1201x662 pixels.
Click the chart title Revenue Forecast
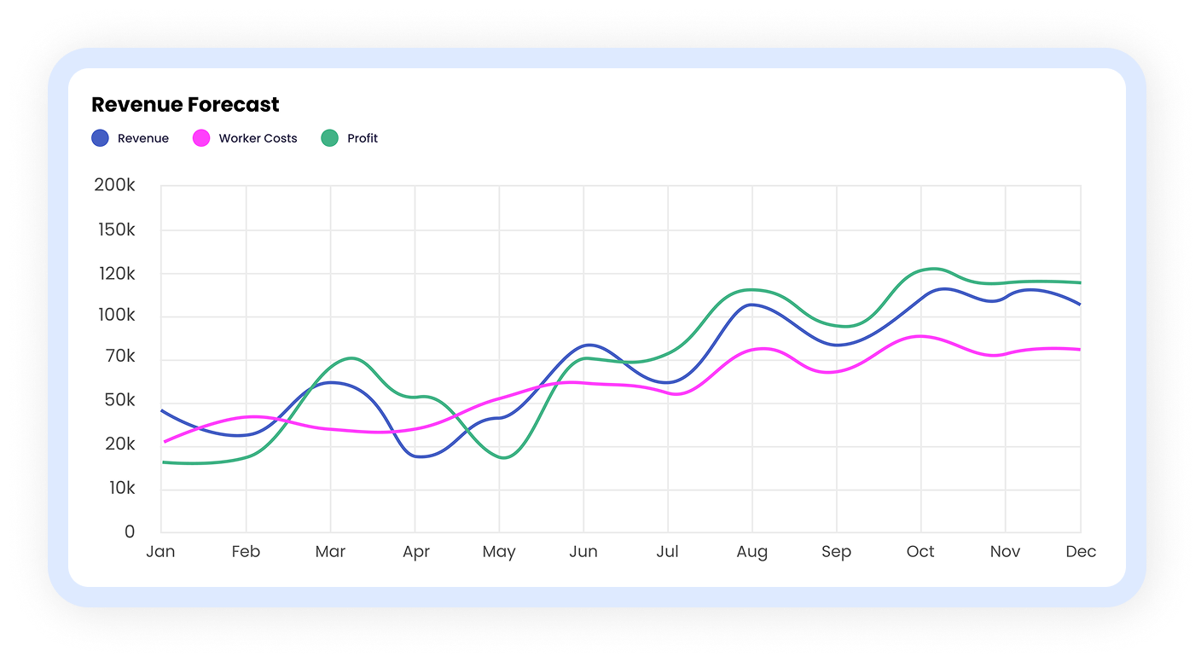pos(185,105)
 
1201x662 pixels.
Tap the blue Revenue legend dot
pos(101,138)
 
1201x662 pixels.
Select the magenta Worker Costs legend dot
pos(201,138)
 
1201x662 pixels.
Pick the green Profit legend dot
pos(330,138)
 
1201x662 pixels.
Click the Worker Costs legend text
pos(258,138)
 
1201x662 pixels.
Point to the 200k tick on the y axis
pos(114,185)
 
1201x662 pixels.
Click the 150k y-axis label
pos(116,230)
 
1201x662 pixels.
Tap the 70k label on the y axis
pos(120,356)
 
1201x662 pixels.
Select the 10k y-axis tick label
pos(122,488)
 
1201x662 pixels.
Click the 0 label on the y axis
pos(130,531)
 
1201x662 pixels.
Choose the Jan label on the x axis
pos(161,552)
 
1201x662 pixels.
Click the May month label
pos(499,552)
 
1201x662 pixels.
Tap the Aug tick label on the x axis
pos(752,552)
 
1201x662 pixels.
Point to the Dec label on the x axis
pos(1081,552)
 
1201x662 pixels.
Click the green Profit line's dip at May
pos(504,458)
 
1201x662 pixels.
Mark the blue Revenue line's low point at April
pos(421,456)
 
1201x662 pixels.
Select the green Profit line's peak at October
pos(933,269)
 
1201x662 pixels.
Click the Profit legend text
pos(363,138)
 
